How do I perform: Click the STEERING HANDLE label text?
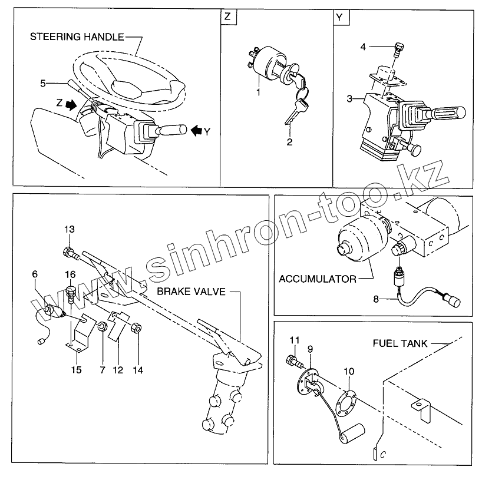[77, 37]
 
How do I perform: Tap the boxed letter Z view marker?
[228, 18]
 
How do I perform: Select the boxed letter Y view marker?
[339, 18]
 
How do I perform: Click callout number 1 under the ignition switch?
[257, 92]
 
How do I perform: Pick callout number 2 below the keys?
[289, 142]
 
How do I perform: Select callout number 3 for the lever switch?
[349, 99]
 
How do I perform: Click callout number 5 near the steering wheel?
[42, 84]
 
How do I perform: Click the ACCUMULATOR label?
[318, 279]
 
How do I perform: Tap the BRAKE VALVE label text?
[191, 292]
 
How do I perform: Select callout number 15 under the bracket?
[77, 370]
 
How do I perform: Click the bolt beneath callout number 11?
[292, 359]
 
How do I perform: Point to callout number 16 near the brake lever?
[70, 274]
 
